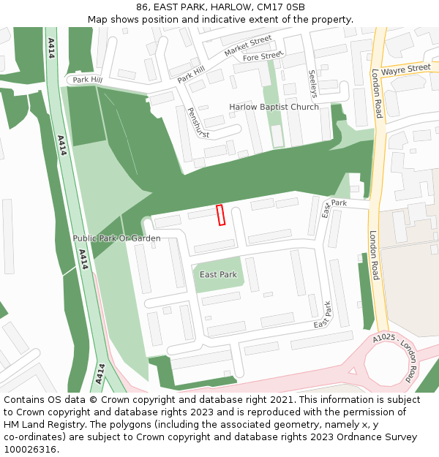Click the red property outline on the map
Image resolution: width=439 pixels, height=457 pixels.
click(x=220, y=215)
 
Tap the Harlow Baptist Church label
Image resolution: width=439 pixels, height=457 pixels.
click(x=274, y=107)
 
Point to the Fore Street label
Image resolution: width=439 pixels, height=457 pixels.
click(x=263, y=56)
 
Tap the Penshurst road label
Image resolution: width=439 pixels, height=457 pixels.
click(x=198, y=124)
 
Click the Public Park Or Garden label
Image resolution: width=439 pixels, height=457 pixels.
click(x=116, y=238)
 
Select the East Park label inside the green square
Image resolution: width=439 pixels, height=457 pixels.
click(x=218, y=275)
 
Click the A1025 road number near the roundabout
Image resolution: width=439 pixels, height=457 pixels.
click(x=383, y=338)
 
